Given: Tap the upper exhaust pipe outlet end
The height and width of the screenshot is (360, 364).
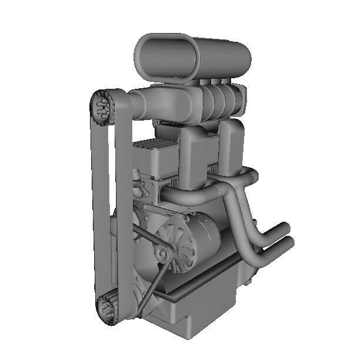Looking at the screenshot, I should [x=285, y=229].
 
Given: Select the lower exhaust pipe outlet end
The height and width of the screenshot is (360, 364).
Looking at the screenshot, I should [x=288, y=242].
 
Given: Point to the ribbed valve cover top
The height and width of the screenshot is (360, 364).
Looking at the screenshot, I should [x=154, y=147].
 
